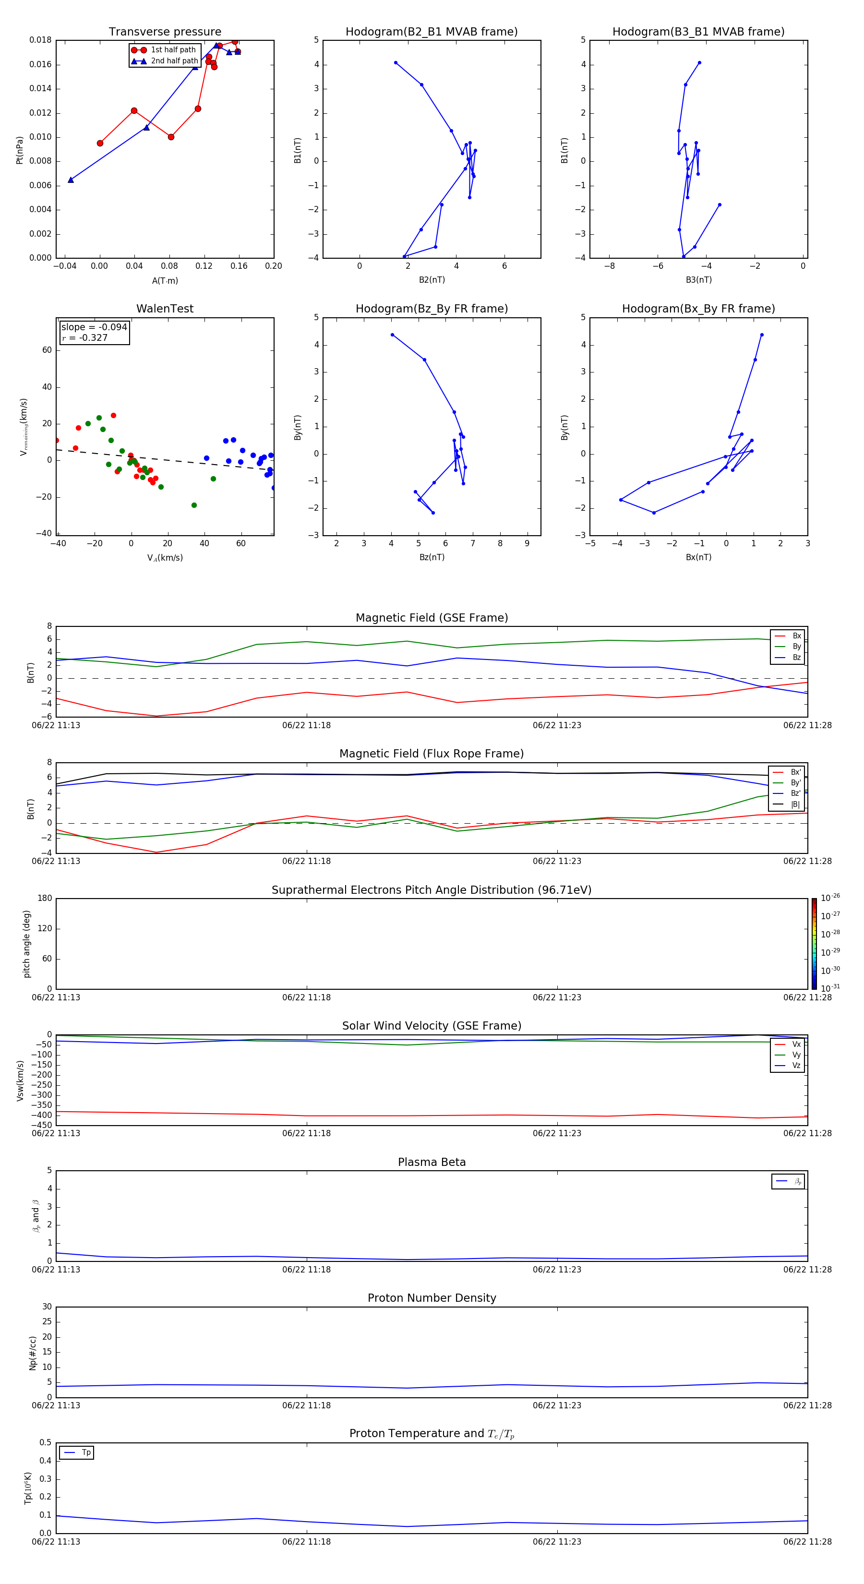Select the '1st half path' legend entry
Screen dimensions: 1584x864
(173, 50)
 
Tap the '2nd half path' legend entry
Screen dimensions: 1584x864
(174, 61)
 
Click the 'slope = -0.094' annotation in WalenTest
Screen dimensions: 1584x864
(94, 327)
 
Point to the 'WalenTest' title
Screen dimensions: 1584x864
(165, 309)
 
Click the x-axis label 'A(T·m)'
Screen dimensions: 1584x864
(165, 281)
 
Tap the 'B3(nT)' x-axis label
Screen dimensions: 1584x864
(698, 280)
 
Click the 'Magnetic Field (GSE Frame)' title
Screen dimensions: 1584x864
(431, 618)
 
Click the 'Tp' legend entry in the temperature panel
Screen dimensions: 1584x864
(86, 1452)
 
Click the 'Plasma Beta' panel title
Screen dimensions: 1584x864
(431, 1162)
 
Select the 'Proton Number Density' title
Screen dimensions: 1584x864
(431, 1298)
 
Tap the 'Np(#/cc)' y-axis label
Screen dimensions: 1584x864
(33, 1353)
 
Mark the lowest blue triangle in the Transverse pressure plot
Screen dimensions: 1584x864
(71, 180)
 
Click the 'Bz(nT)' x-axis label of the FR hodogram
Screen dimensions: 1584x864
(431, 557)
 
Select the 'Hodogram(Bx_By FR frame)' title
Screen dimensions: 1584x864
(698, 309)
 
